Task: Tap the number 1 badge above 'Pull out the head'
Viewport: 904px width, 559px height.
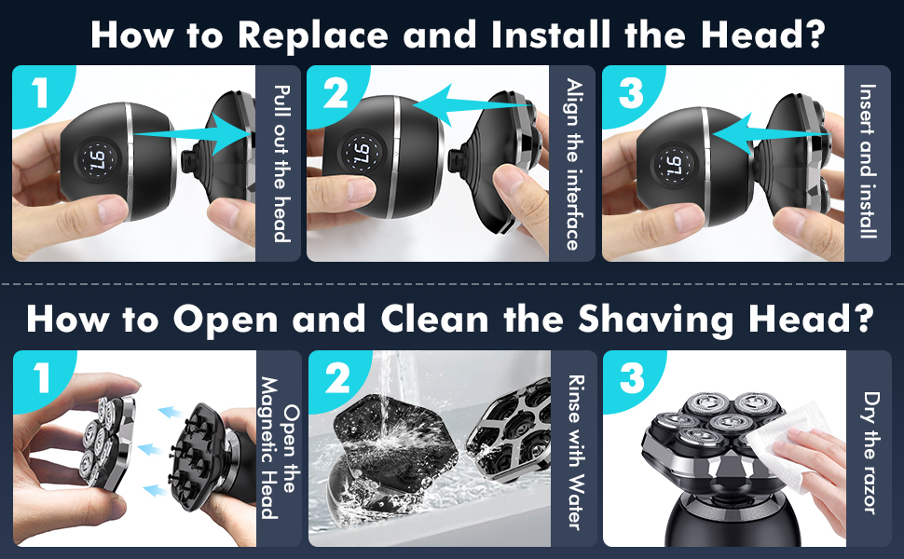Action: tap(38, 94)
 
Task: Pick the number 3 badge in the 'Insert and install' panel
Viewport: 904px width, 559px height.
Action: tap(630, 94)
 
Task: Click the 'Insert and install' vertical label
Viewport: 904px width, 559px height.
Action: tap(868, 162)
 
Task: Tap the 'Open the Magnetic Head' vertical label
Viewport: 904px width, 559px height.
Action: tap(280, 450)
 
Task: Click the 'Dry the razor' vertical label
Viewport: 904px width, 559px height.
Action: tap(868, 450)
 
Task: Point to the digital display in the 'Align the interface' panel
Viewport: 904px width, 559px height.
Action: tap(358, 151)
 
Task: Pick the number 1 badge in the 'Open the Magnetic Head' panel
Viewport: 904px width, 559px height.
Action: tap(38, 379)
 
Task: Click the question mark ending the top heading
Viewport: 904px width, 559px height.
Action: tap(813, 35)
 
